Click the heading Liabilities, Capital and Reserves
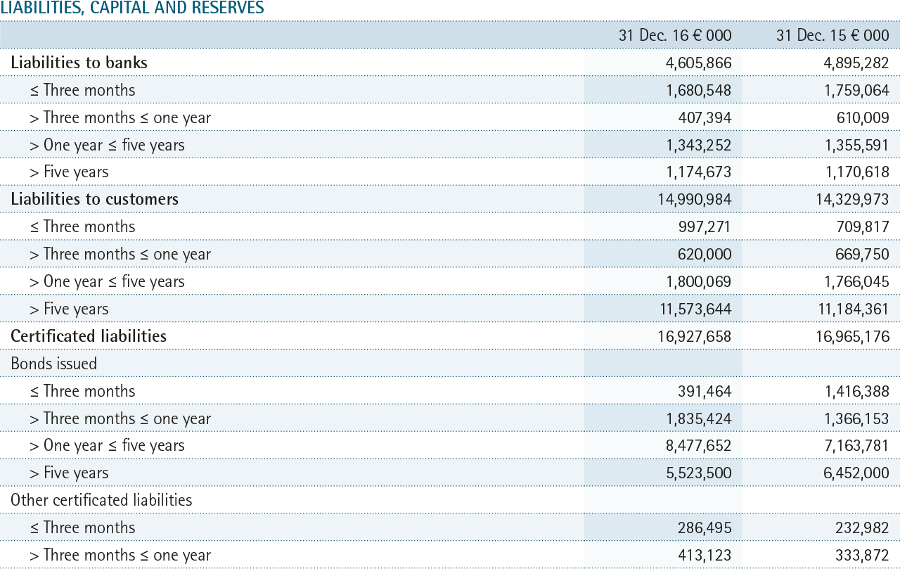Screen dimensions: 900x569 click(132, 7)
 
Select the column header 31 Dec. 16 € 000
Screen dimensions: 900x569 click(675, 35)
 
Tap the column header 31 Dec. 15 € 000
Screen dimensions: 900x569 click(832, 35)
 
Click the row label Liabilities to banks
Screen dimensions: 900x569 click(79, 63)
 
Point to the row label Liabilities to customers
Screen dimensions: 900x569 click(94, 199)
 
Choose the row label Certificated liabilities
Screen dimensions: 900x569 click(89, 336)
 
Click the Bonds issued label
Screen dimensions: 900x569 click(54, 363)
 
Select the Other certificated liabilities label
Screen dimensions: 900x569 click(101, 500)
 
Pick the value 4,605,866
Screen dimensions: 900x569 click(699, 63)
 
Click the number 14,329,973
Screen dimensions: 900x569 click(852, 200)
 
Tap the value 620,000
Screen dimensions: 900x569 click(705, 255)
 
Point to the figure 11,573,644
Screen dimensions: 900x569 click(695, 309)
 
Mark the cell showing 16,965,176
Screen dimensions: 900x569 click(852, 336)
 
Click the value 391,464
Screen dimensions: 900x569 click(705, 391)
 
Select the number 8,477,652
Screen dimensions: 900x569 click(699, 446)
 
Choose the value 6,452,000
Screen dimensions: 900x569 click(856, 473)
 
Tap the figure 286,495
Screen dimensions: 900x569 click(705, 528)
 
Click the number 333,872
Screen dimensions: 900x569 click(862, 555)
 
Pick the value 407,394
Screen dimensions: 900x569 click(705, 117)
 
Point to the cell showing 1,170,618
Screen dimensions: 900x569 click(857, 172)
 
